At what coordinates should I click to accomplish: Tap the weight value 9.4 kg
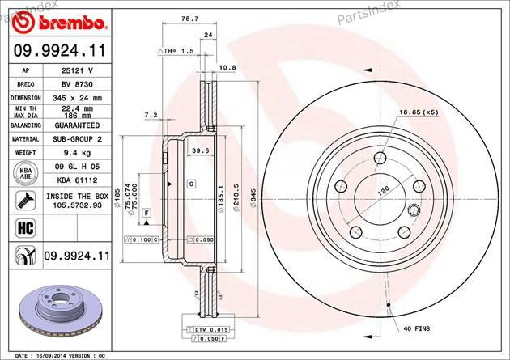76,150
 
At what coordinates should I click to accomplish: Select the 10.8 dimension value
227,69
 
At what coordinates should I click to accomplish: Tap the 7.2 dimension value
150,116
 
